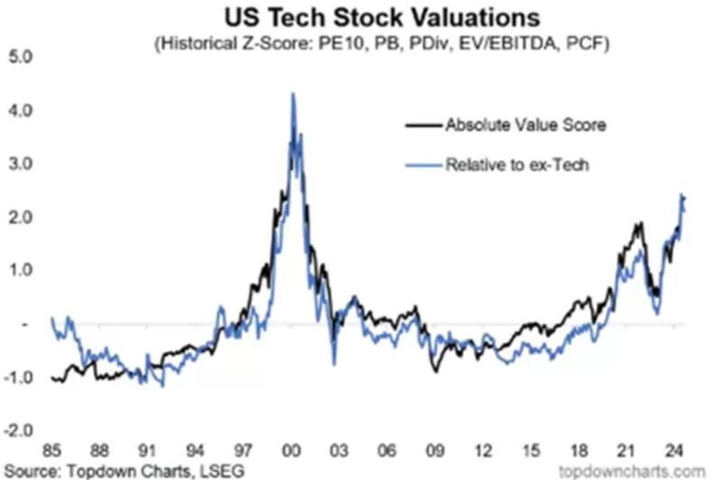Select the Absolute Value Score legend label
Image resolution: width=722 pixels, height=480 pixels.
click(x=524, y=125)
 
